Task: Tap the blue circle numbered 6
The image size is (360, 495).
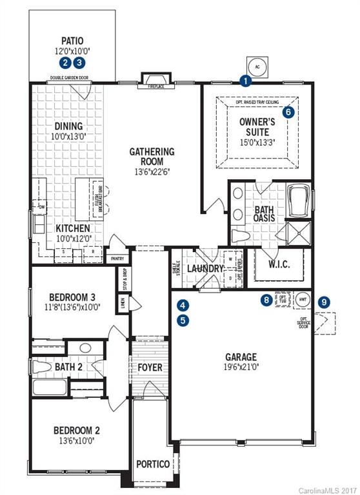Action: pos(288,112)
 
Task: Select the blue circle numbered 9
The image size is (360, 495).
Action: pos(324,301)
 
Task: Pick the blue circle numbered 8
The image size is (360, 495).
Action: pos(266,299)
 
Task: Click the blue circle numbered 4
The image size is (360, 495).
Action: pos(183,305)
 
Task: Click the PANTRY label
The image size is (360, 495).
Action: pos(117,258)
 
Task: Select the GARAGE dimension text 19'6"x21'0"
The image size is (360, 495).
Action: pos(241,368)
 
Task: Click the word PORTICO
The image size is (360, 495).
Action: pos(152,464)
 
